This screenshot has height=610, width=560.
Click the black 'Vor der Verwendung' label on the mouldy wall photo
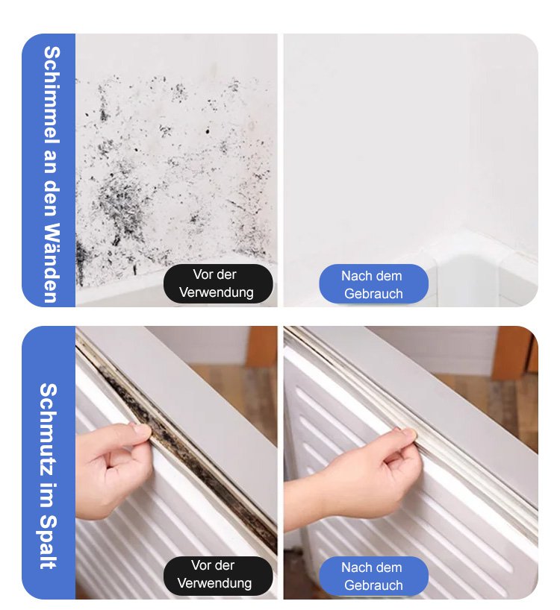pos(218,283)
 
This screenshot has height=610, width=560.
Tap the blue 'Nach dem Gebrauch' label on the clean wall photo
pos(373,284)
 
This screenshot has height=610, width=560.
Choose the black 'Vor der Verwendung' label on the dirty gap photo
pos(218,575)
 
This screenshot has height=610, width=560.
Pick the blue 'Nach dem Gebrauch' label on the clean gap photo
pos(373,576)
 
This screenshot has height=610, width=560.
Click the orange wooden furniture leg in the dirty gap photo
pos(263,346)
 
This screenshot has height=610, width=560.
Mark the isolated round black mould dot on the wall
pos(207,131)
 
